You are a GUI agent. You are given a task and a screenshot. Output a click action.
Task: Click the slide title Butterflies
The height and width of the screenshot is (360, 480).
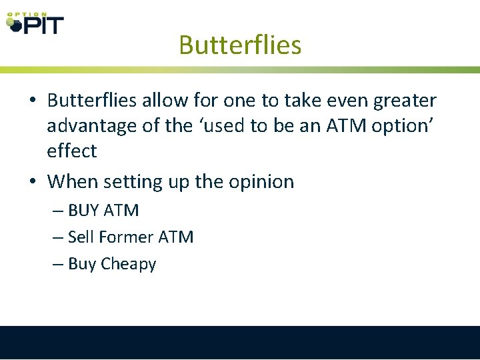coord(240,45)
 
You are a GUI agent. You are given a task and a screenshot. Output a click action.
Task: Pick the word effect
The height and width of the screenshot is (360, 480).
coord(71,151)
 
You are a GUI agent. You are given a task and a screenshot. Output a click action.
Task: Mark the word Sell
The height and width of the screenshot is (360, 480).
coord(81,237)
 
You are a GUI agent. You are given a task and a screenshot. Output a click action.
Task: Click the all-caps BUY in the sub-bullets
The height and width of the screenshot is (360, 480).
coord(83,211)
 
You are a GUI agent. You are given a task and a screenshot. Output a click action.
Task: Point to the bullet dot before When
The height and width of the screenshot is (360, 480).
coord(33,181)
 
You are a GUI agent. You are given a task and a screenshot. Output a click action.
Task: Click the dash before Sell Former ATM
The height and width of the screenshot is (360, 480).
coord(58,237)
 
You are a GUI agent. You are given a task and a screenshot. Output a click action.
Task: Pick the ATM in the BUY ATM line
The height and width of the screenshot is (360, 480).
coord(121,211)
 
